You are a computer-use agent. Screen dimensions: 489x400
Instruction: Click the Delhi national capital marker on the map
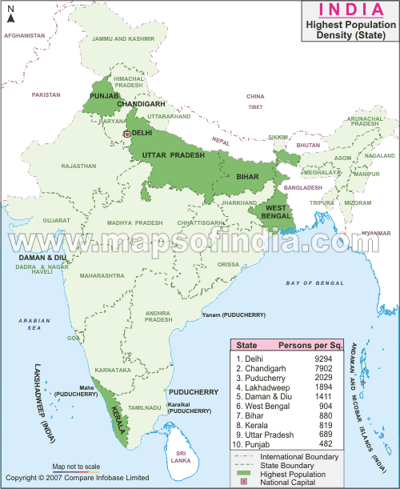tap(126, 134)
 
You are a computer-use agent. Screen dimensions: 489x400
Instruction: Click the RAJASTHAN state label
tap(78, 166)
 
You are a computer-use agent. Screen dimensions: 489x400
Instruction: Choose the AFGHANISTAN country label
tap(25, 36)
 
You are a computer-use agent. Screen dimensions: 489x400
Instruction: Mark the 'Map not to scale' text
tap(76, 466)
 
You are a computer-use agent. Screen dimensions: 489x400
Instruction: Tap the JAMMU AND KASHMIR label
tap(123, 38)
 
